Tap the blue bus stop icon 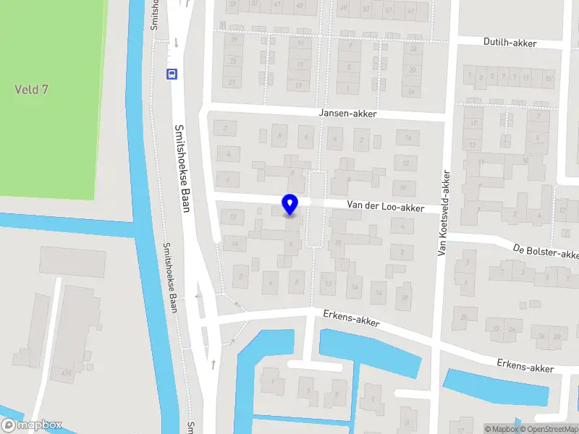[x=172, y=73]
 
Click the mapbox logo [x=32, y=425]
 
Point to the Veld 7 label [x=31, y=89]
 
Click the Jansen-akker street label [x=347, y=114]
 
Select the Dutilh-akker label [x=510, y=43]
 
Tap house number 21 [x=232, y=82]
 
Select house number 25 [x=232, y=61]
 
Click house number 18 [x=405, y=297]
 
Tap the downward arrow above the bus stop [x=176, y=43]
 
